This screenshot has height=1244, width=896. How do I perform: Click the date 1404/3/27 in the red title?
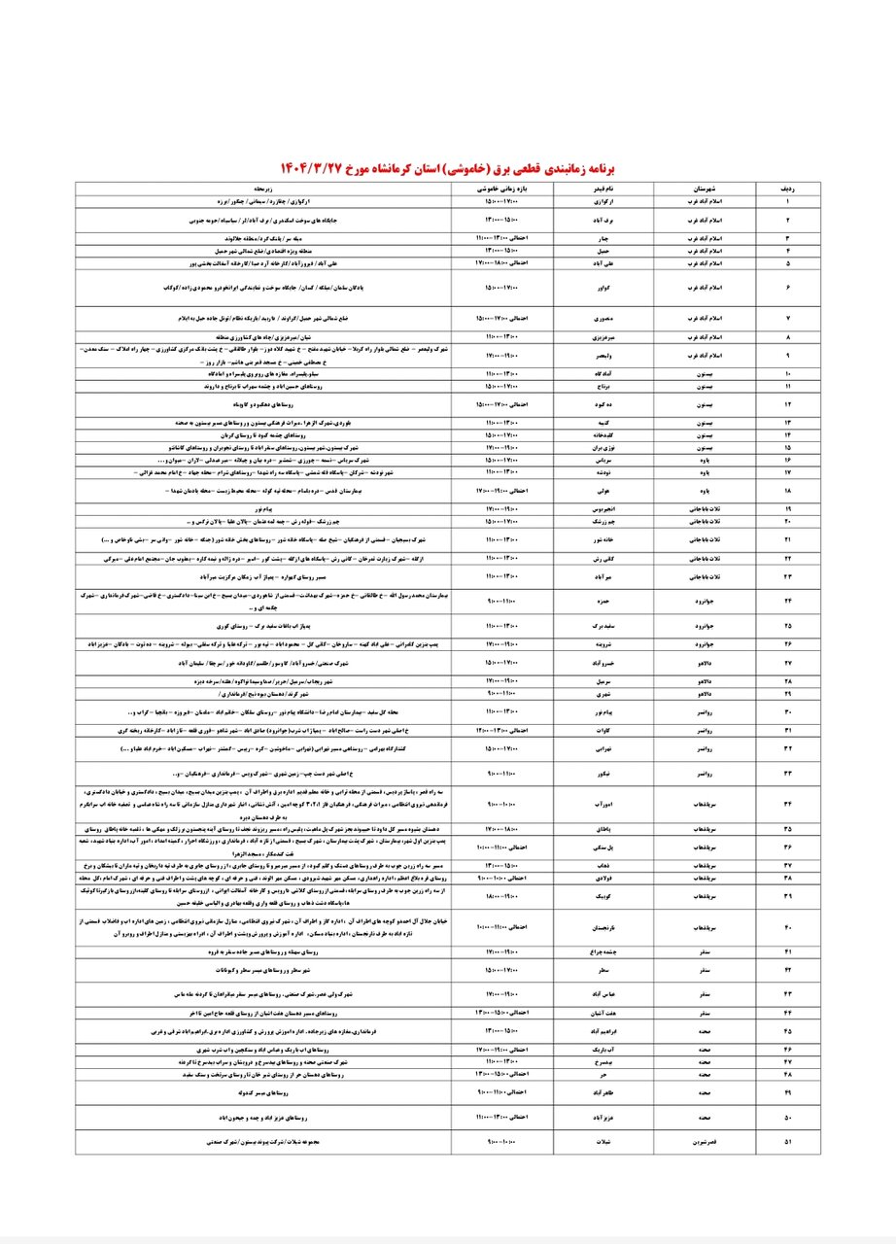tap(316, 166)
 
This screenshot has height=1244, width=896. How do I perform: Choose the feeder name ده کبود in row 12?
tap(603, 403)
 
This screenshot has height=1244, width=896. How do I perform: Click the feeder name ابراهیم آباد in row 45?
tap(603, 1030)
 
